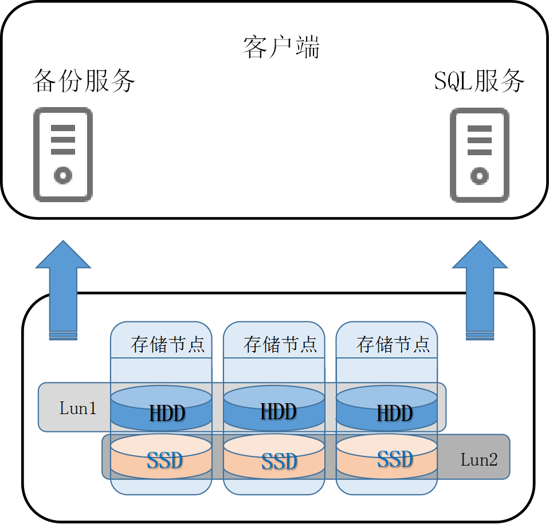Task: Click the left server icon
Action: pyautogui.click(x=63, y=155)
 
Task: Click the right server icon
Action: pyautogui.click(x=480, y=155)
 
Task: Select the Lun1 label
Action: pyautogui.click(x=78, y=408)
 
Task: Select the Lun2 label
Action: pyautogui.click(x=479, y=459)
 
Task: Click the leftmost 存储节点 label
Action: pyautogui.click(x=167, y=344)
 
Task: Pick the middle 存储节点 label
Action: pyautogui.click(x=280, y=344)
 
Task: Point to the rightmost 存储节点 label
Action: pyautogui.click(x=393, y=344)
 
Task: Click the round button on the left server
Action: pyautogui.click(x=63, y=175)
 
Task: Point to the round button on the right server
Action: pyautogui.click(x=480, y=175)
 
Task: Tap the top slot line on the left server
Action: pyautogui.click(x=63, y=128)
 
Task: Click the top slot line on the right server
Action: pyautogui.click(x=480, y=128)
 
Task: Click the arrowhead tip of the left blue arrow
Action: pyautogui.click(x=63, y=242)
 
